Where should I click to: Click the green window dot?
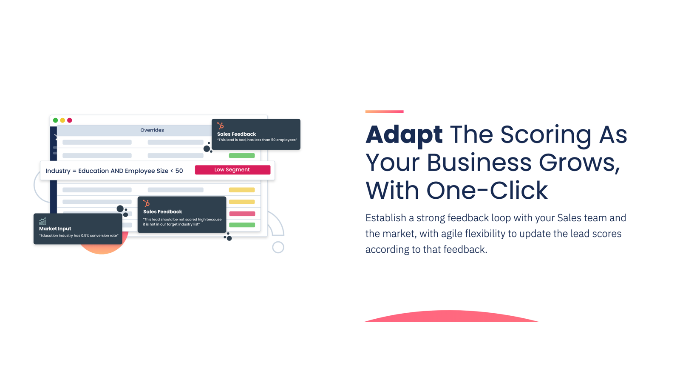(x=55, y=120)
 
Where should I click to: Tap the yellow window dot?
(x=62, y=120)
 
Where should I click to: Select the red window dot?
(x=70, y=120)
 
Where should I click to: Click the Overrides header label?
(x=152, y=130)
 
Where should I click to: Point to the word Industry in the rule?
(x=58, y=171)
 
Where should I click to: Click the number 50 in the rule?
(x=179, y=171)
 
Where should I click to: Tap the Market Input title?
(x=55, y=229)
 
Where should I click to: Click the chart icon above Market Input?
(x=42, y=221)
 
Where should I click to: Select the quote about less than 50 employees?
(x=257, y=140)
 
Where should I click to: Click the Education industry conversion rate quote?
(x=79, y=236)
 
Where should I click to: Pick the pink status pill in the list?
(x=242, y=214)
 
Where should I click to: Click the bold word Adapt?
(x=404, y=134)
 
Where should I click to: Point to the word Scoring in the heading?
(x=546, y=134)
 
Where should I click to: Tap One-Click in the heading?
(x=487, y=190)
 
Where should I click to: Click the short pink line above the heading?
(x=384, y=111)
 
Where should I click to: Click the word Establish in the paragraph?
(x=386, y=218)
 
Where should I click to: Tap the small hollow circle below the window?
(x=278, y=247)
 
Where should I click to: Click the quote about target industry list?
(x=182, y=222)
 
